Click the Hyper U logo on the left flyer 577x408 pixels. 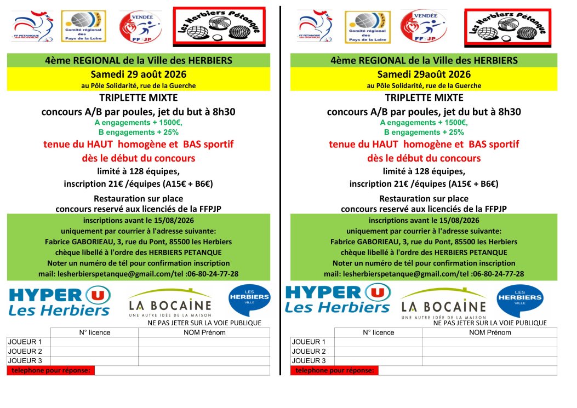click(x=60, y=300)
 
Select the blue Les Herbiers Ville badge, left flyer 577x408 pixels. click(x=249, y=300)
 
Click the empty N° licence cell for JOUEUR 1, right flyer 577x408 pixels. click(x=378, y=342)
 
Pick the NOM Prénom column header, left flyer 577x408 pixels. click(x=204, y=332)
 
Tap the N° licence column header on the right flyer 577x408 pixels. click(x=378, y=332)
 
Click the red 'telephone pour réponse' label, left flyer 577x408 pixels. click(x=50, y=370)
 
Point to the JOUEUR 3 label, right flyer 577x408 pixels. click(x=309, y=360)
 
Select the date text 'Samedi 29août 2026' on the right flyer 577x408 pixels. click(x=424, y=74)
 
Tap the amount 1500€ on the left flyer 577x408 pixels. click(x=172, y=123)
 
